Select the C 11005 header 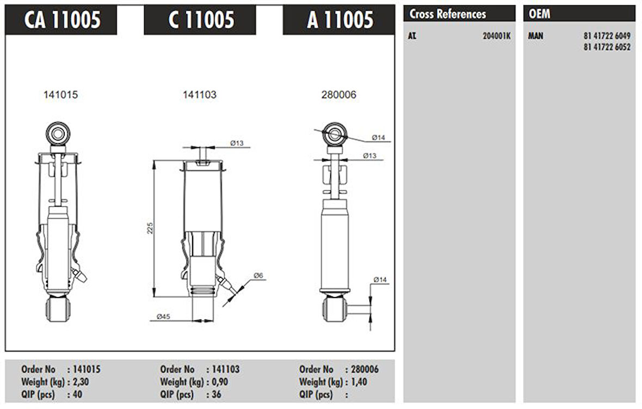201,20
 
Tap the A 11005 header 339,20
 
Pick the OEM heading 540,14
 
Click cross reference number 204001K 496,37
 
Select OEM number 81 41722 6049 607,36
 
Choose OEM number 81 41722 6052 607,47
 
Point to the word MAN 536,36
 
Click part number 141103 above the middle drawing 199,95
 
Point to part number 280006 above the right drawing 339,95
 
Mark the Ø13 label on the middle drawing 236,143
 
